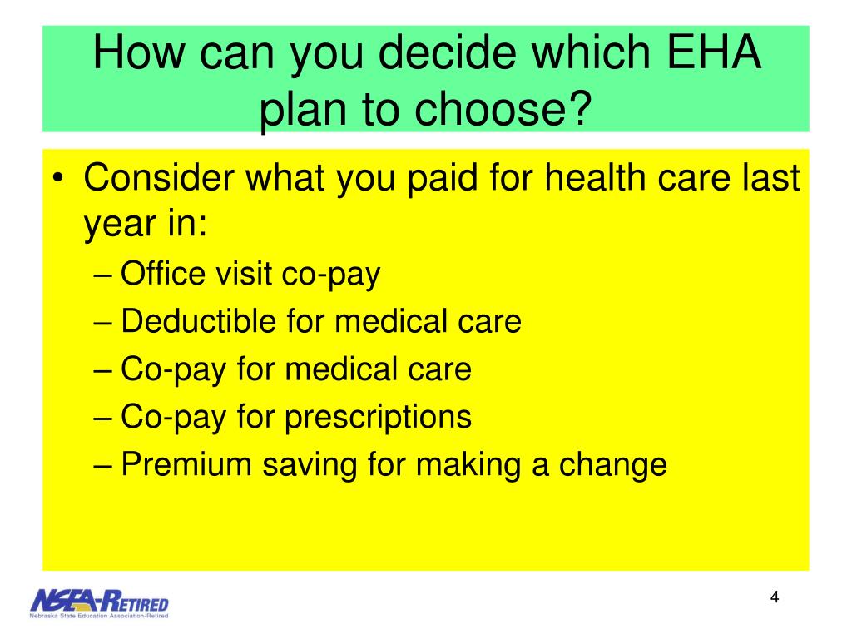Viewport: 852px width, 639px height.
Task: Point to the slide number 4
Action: (775, 598)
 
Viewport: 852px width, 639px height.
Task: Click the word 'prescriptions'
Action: (379, 417)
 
